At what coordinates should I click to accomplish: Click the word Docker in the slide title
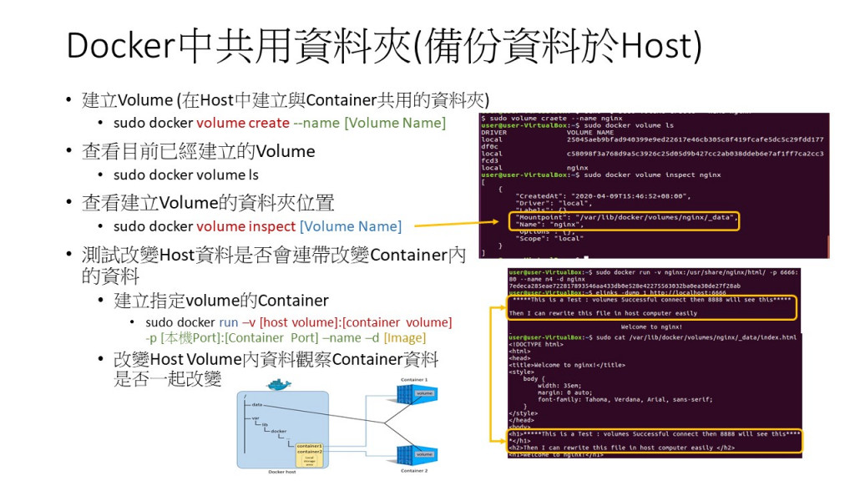point(121,46)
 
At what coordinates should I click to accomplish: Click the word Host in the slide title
point(662,46)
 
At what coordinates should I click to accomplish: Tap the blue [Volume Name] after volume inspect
point(351,226)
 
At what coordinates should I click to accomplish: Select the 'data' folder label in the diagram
point(257,404)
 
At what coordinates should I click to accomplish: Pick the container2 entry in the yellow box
point(308,452)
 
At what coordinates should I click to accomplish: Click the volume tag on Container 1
point(424,393)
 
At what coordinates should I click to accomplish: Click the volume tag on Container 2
point(424,454)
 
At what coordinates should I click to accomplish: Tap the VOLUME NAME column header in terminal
point(589,132)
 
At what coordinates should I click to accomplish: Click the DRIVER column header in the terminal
point(494,132)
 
